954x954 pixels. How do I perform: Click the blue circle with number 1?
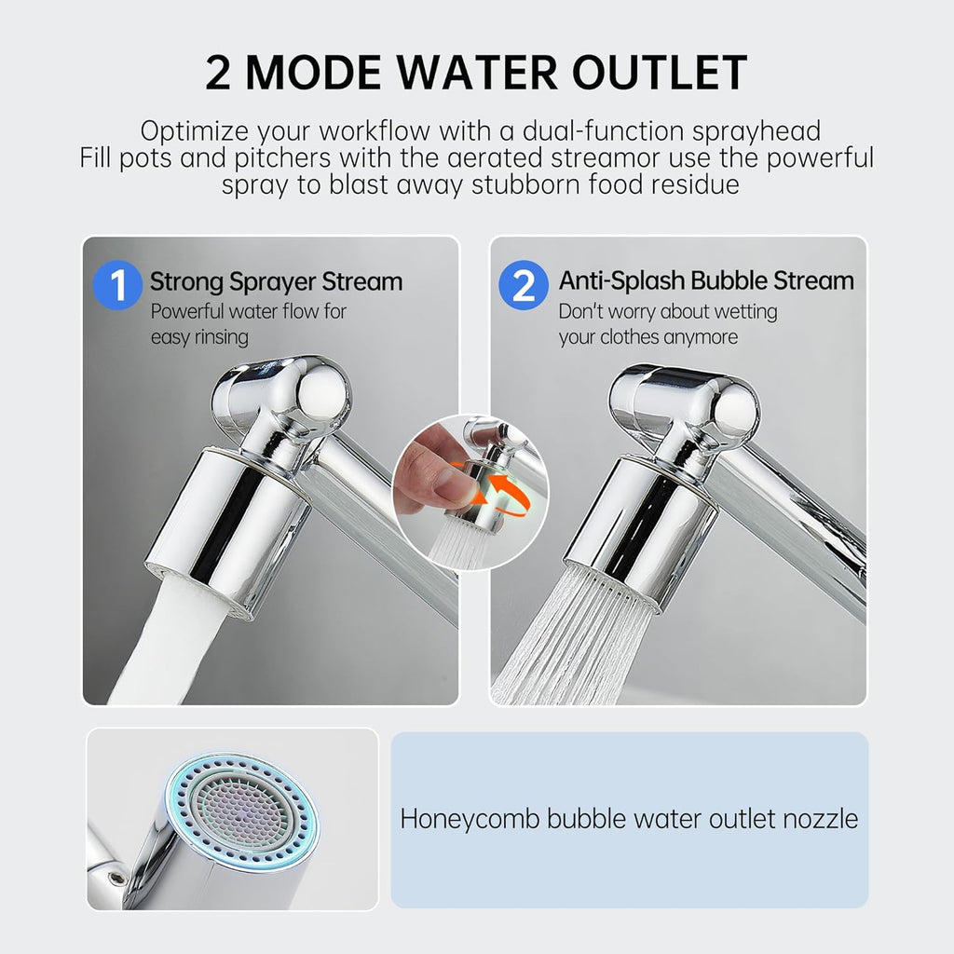point(118,284)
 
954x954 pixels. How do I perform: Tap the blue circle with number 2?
point(524,284)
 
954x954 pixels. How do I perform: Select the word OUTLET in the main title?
point(670,73)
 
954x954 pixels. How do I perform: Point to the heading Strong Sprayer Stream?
point(276,281)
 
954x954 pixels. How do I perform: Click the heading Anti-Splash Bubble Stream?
point(705,280)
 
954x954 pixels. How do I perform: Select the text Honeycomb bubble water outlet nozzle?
point(629,819)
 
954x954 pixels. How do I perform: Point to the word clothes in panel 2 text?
point(641,336)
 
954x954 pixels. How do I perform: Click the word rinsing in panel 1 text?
point(221,336)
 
